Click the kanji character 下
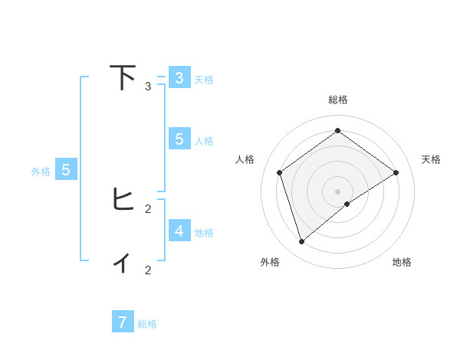(123, 78)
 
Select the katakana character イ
(123, 263)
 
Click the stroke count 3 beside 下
(148, 87)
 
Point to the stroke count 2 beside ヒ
(148, 208)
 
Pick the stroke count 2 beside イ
(148, 270)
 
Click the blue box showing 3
(179, 78)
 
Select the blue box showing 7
(123, 322)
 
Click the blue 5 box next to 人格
(179, 139)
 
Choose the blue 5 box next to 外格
(66, 170)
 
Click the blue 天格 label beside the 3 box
(204, 80)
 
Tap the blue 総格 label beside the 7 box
(147, 324)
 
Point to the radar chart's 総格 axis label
(338, 100)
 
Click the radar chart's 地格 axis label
(402, 262)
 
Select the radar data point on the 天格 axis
(396, 172)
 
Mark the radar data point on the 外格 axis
(302, 242)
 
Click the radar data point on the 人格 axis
(280, 172)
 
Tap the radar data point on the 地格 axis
(347, 204)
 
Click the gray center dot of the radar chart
(338, 191)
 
